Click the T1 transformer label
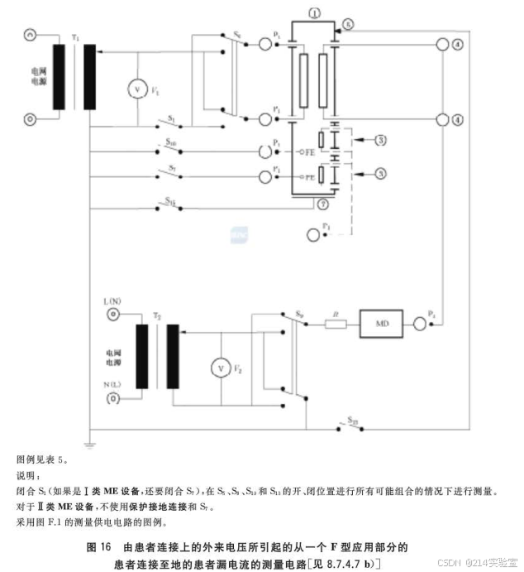76,38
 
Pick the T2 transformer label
158,316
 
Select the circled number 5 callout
348,26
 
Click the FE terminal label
309,153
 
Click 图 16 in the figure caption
98,547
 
